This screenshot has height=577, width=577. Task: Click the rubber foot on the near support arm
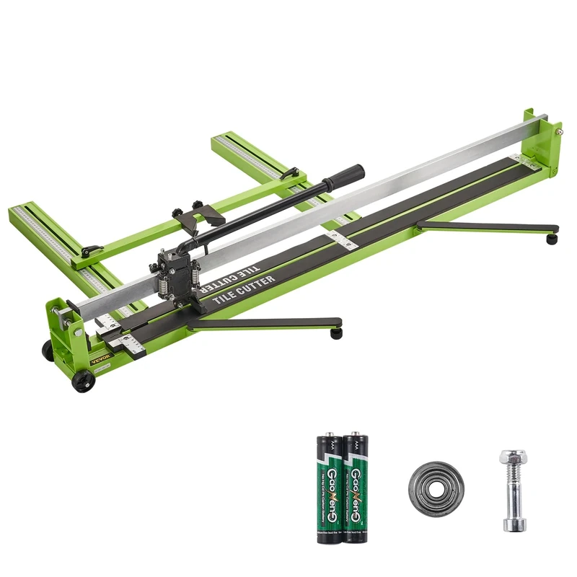(335, 334)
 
